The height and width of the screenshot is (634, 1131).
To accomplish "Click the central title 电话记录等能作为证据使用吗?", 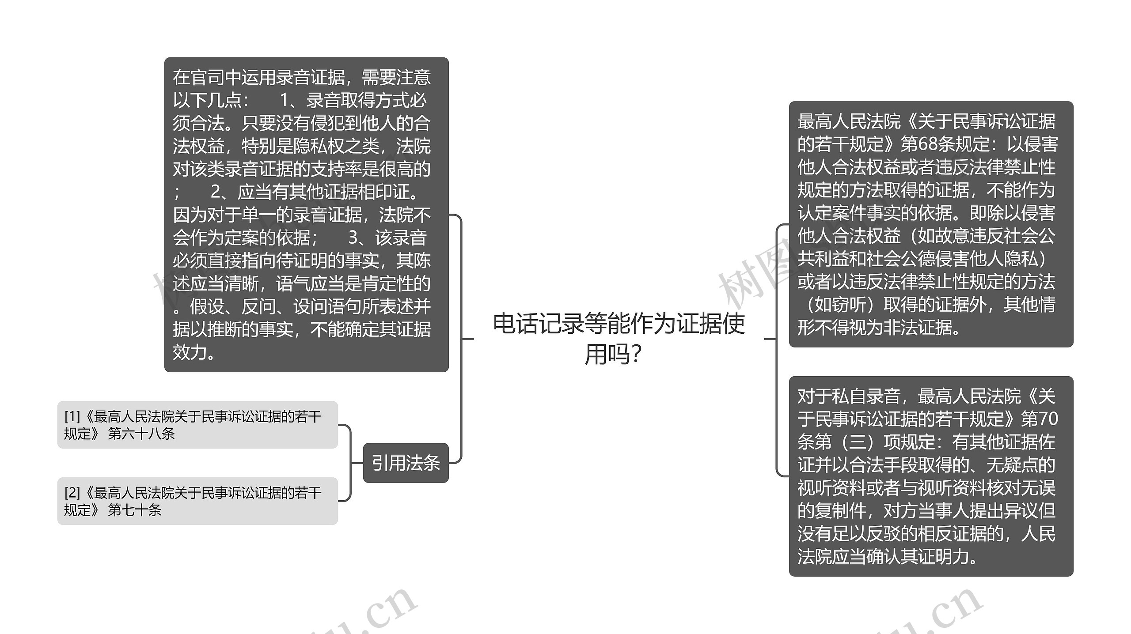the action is pos(619,339).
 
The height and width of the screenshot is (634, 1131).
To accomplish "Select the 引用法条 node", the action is pos(406,463).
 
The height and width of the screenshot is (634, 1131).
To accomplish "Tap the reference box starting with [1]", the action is pos(197,425).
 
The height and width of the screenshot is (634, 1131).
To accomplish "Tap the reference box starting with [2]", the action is pos(197,501).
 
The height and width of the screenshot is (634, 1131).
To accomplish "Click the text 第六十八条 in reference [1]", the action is pos(141,434).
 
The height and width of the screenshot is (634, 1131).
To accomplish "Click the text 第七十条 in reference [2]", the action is pos(135,510).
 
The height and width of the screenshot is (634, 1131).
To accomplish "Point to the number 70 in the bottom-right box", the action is pos(1047,419).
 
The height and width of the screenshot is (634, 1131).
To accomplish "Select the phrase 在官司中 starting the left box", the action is pos(199,77).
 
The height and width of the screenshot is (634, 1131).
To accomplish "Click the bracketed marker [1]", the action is pos(72,416).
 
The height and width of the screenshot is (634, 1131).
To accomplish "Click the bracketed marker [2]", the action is pos(72,493).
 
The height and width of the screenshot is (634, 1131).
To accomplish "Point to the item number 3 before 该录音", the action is pos(353,238).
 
